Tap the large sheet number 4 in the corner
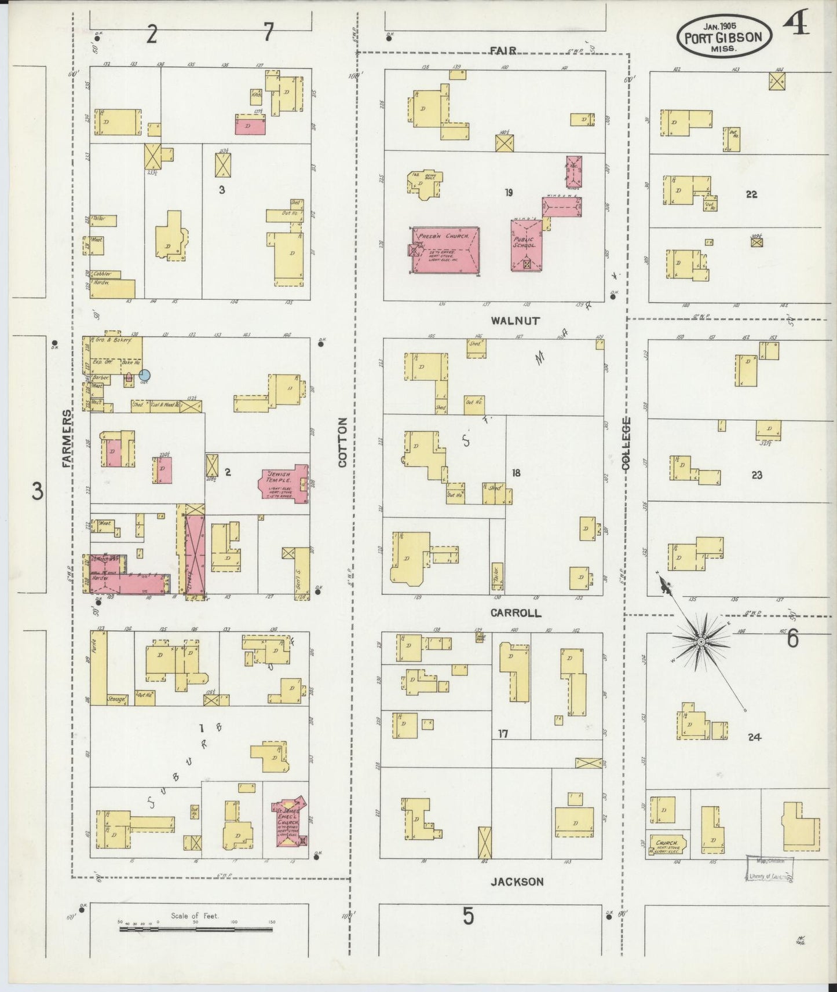click(x=796, y=24)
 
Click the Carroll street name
click(x=515, y=613)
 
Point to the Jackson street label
click(x=517, y=882)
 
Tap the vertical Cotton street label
click(x=342, y=442)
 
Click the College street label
click(x=626, y=442)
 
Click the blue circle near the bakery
click(x=145, y=375)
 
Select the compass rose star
click(x=700, y=641)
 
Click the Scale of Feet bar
click(x=196, y=929)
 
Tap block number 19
click(x=508, y=193)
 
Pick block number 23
click(x=756, y=475)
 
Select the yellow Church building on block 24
click(x=668, y=844)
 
